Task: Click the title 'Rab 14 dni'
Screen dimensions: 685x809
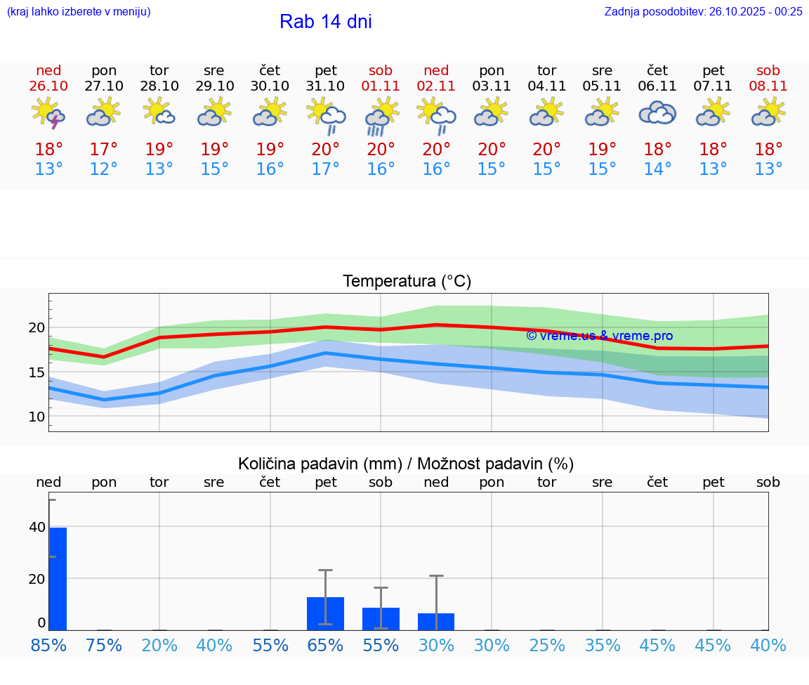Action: click(x=325, y=22)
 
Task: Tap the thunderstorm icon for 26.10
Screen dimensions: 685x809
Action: click(x=48, y=113)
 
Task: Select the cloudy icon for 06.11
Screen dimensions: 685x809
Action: click(x=657, y=112)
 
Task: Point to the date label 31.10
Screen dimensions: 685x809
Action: click(x=325, y=86)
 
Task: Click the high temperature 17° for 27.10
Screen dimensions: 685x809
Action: click(x=104, y=150)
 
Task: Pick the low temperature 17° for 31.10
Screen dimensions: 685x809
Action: click(x=325, y=169)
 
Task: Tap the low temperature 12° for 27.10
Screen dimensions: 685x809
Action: click(x=104, y=169)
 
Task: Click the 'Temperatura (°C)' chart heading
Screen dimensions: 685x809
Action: click(x=407, y=281)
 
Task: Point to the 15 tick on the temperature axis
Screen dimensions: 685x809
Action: click(x=37, y=372)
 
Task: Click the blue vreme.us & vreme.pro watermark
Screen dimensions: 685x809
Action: click(x=599, y=336)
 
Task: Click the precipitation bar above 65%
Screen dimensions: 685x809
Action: click(x=325, y=613)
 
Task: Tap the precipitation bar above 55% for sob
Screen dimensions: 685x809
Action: click(x=381, y=619)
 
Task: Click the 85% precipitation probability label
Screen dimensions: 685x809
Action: click(x=48, y=645)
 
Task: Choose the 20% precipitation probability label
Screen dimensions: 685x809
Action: click(x=159, y=645)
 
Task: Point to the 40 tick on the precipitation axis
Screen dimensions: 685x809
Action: click(x=37, y=527)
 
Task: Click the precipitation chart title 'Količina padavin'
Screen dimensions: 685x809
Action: click(x=406, y=464)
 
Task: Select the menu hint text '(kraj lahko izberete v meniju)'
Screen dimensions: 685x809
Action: click(x=79, y=11)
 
